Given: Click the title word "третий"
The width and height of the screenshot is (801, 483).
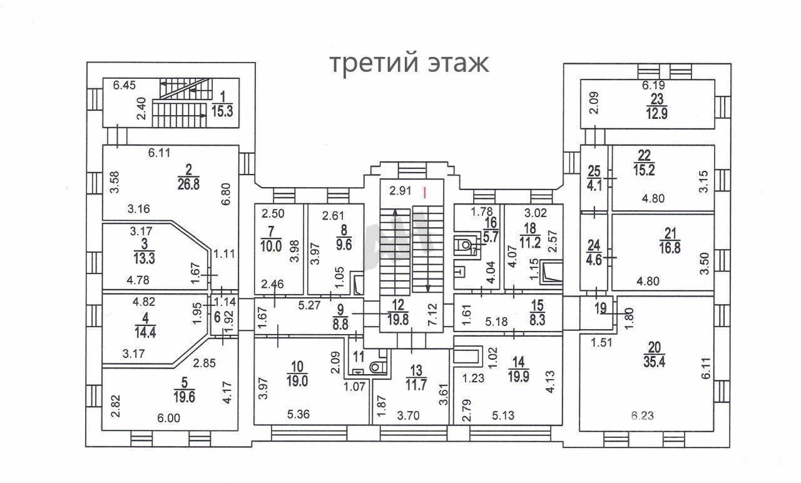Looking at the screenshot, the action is tap(374, 64).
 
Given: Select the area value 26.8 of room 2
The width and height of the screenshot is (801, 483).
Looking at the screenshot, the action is tap(188, 185).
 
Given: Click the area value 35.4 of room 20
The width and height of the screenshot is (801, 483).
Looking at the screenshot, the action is tap(654, 362).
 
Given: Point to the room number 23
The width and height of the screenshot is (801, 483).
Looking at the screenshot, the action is tap(657, 98).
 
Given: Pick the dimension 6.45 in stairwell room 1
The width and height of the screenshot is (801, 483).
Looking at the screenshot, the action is tap(124, 86).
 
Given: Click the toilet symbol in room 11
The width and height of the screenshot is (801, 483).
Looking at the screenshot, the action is tap(375, 367).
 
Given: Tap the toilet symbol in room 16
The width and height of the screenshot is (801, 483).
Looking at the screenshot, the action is tap(465, 245).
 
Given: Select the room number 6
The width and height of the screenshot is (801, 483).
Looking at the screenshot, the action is tap(217, 317).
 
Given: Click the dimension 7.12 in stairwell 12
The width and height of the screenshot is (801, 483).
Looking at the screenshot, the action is tap(434, 314).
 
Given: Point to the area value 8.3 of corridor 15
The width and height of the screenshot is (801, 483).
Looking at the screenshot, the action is tap(538, 320).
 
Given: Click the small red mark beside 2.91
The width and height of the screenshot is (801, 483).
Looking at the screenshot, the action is tap(424, 192).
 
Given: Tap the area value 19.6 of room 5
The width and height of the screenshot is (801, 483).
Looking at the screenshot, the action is tap(184, 397).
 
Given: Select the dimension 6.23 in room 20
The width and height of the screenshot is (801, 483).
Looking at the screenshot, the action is tap(642, 416).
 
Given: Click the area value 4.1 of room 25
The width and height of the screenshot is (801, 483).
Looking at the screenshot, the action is tap(594, 186).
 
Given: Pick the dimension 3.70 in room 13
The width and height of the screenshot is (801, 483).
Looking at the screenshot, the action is tap(409, 415).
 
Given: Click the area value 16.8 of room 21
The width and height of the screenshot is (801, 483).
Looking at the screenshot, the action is tap(670, 248).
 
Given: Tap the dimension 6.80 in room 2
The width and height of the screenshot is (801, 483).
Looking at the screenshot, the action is tap(227, 194).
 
